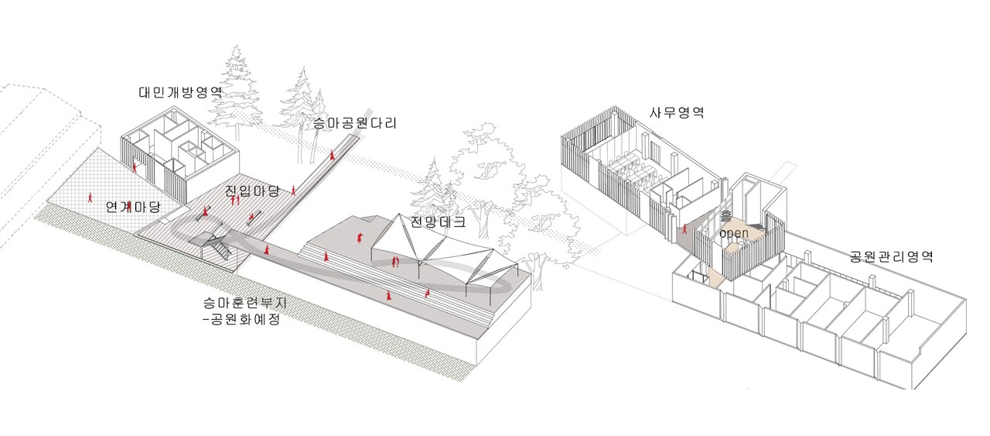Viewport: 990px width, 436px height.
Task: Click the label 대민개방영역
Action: [x=181, y=93]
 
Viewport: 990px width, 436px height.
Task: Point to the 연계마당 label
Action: [x=133, y=207]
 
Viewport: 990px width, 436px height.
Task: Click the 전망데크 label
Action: [x=439, y=222]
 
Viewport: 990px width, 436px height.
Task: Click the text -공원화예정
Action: [x=237, y=320]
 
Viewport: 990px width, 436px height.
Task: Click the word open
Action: [x=733, y=232]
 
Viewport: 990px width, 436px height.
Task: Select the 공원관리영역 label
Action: [x=891, y=256]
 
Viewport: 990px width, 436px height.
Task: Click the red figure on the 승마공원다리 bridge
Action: [x=333, y=155]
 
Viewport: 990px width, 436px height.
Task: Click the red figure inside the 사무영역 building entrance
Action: [x=684, y=228]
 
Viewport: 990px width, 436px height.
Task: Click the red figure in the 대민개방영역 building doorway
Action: [x=135, y=166]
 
